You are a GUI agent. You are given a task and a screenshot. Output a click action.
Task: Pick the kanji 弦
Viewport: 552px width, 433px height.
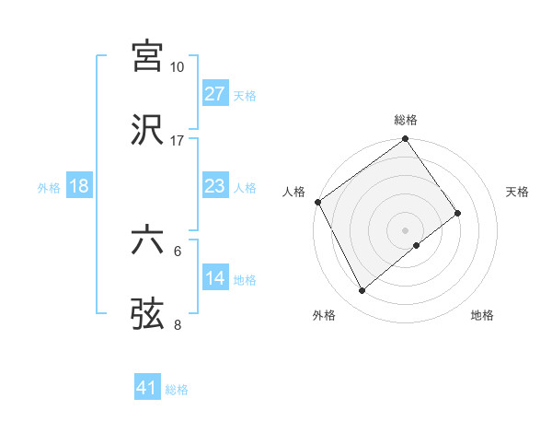click(148, 313)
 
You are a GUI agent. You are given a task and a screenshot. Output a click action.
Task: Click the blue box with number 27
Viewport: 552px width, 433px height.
click(215, 94)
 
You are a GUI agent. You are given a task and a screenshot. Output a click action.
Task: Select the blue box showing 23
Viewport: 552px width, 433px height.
click(215, 186)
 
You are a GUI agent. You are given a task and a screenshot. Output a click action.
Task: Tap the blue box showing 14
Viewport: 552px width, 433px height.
click(215, 278)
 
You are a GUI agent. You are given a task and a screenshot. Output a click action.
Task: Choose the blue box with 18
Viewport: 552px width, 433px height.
click(79, 186)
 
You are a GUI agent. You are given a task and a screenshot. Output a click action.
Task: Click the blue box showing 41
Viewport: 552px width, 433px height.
click(147, 389)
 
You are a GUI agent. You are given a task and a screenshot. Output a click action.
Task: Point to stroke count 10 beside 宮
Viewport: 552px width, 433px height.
click(178, 67)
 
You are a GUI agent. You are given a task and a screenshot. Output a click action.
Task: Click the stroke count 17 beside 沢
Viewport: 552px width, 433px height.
click(178, 141)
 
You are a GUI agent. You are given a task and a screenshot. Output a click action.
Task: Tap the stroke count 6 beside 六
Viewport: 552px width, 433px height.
click(178, 251)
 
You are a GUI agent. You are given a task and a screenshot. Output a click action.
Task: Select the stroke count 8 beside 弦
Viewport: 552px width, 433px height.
click(178, 324)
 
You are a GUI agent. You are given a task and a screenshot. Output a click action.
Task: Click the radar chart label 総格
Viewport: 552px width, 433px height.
click(406, 120)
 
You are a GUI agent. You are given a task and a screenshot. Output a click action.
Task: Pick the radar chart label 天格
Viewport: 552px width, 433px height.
click(518, 192)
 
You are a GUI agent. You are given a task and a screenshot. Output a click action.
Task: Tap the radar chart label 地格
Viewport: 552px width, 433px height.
click(482, 316)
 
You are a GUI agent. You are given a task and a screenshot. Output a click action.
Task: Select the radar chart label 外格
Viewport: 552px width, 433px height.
click(324, 316)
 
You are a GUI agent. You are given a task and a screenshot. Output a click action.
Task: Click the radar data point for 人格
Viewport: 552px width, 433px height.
click(317, 202)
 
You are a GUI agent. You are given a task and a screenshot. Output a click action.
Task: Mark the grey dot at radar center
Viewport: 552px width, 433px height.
click(405, 229)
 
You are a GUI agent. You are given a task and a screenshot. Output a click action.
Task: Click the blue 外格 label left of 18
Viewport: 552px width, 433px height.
click(49, 187)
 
